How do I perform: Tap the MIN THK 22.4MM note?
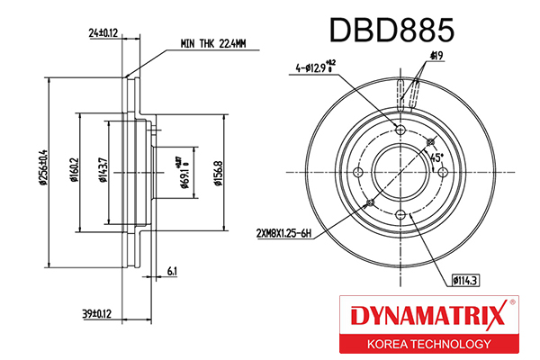[218, 42]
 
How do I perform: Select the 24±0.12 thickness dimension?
[104, 33]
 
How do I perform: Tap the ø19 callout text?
[437, 57]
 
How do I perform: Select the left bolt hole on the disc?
[359, 173]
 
